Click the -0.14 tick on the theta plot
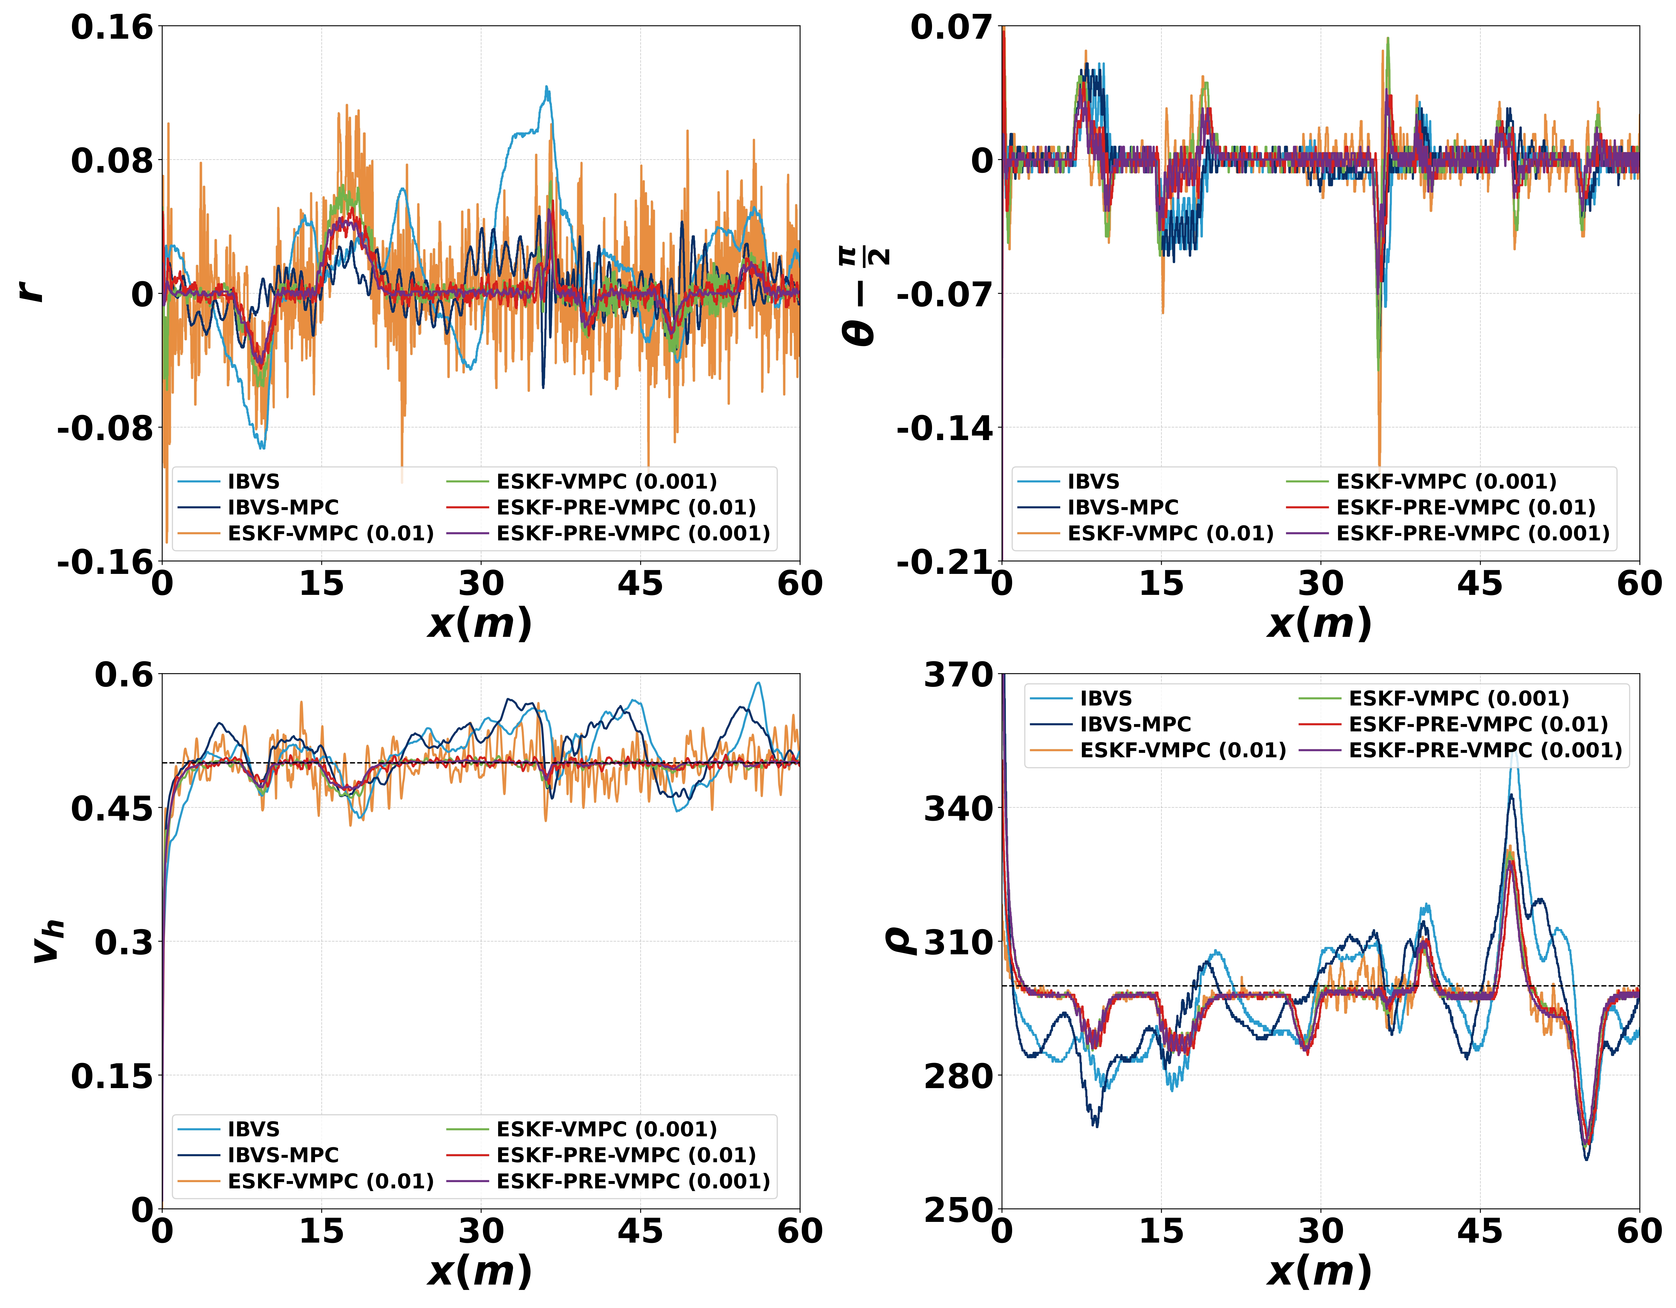[x=944, y=428]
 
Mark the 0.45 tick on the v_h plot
[x=112, y=808]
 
